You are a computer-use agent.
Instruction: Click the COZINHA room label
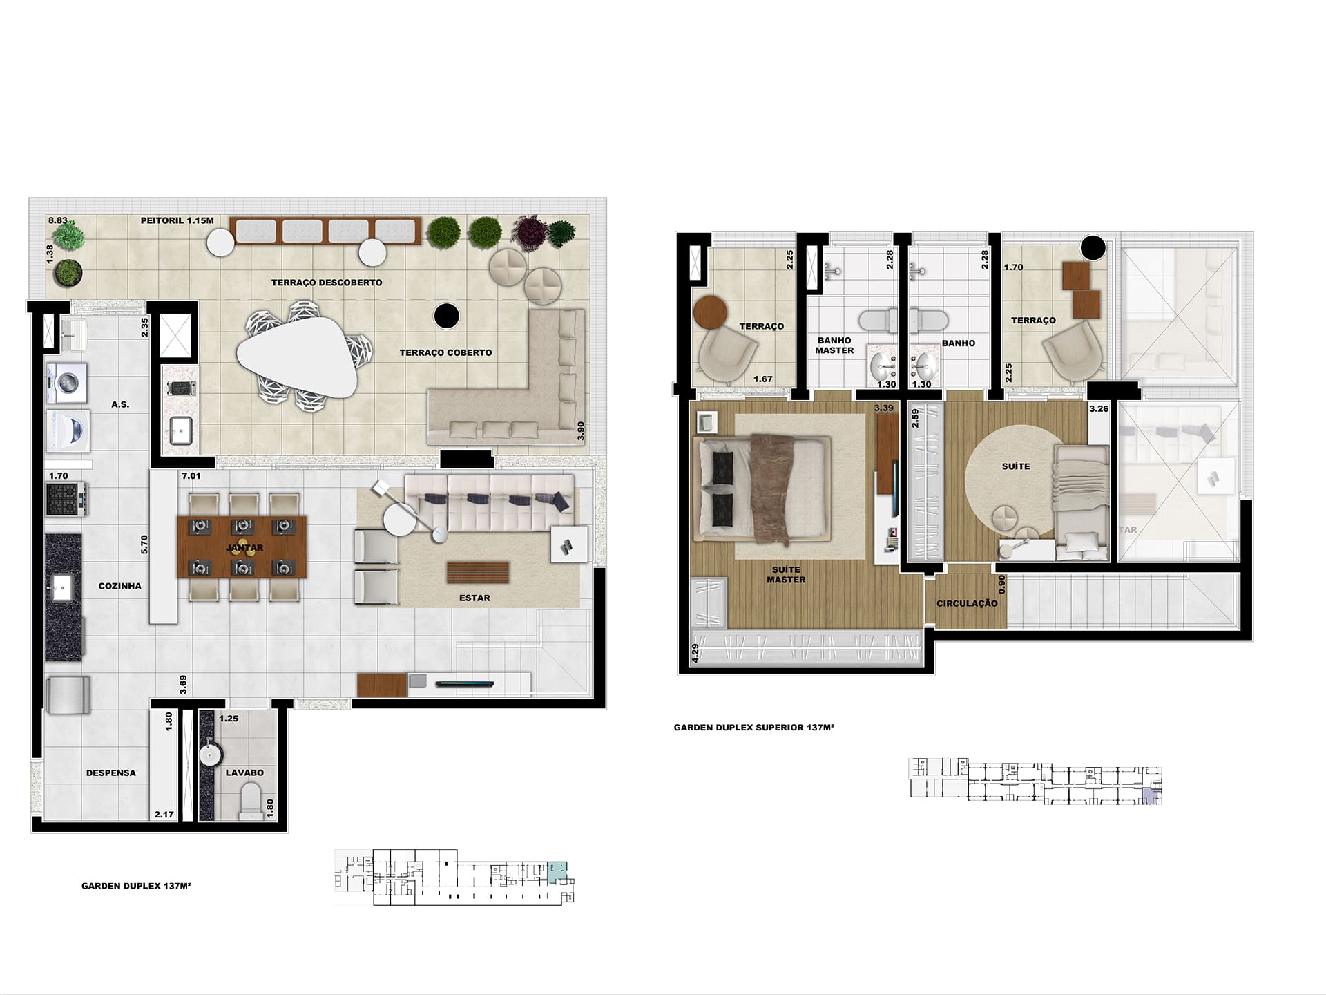(119, 586)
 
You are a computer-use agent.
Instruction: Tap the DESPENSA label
(111, 773)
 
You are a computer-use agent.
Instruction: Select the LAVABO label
(244, 773)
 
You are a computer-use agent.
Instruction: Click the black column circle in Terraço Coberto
(447, 316)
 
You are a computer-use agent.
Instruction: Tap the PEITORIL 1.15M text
(177, 220)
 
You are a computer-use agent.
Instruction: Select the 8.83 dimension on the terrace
(58, 220)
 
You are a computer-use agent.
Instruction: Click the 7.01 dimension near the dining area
(191, 476)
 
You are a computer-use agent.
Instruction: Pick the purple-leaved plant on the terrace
(530, 231)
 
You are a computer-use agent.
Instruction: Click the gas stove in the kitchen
(66, 499)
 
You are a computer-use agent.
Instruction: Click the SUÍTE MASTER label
(786, 575)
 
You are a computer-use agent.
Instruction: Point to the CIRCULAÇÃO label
(967, 603)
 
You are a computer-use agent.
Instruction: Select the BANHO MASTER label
(834, 345)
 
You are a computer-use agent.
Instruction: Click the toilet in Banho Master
(876, 321)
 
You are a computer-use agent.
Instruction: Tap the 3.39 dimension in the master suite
(884, 408)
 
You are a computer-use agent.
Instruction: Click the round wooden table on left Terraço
(711, 312)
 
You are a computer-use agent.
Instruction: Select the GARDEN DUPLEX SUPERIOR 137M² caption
(754, 728)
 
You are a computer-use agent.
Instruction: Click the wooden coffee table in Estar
(478, 573)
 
